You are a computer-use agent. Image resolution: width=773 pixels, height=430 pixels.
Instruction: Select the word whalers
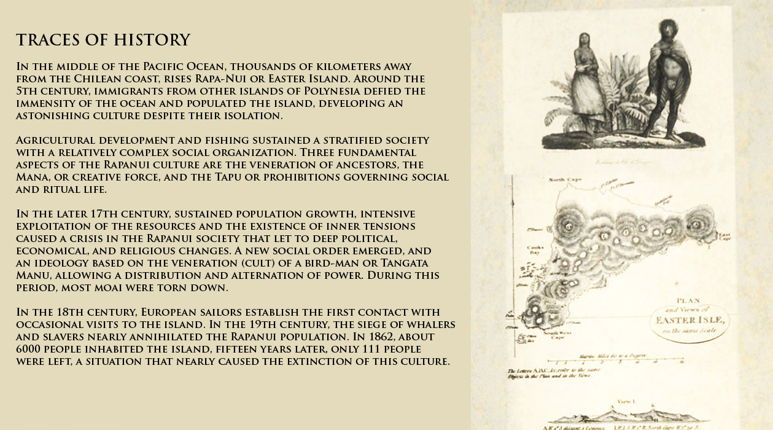[x=430, y=325]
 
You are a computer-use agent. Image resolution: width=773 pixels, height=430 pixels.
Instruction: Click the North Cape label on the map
[x=564, y=180]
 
